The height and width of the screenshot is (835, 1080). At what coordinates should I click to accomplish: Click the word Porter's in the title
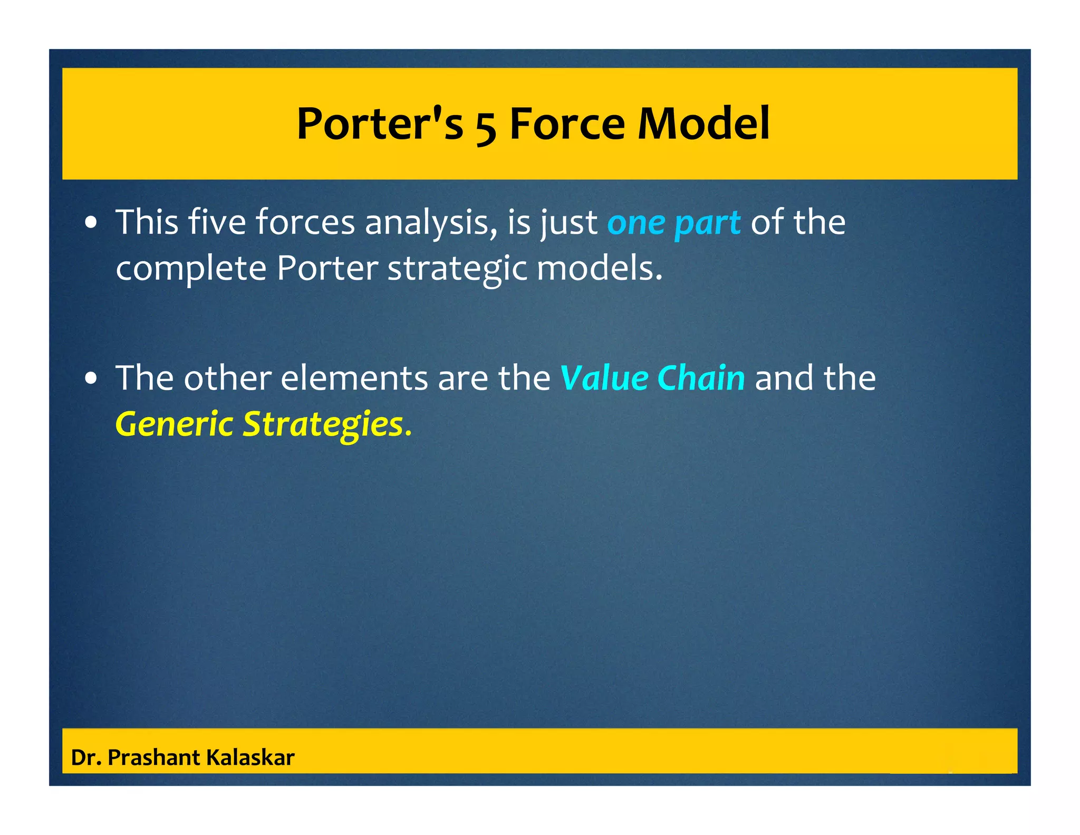pos(380,124)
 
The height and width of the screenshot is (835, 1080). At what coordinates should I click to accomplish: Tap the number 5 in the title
pos(486,127)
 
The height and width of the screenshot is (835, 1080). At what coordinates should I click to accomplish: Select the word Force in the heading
pos(567,124)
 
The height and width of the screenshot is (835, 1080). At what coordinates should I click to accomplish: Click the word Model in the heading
pos(703,124)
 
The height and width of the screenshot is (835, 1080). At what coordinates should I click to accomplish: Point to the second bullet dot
pos(92,379)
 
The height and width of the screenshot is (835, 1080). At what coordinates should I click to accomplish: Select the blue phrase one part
pos(673,223)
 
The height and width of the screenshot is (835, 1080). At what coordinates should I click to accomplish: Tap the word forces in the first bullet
pos(305,222)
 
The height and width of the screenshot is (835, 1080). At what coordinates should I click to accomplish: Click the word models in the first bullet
pos(598,268)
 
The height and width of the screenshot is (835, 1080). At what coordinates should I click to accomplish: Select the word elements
pos(354,378)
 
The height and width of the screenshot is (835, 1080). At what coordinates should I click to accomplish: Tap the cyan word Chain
pos(701,378)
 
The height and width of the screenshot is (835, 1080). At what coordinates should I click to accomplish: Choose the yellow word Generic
pos(174,425)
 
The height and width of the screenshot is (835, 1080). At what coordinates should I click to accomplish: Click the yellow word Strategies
pos(322,425)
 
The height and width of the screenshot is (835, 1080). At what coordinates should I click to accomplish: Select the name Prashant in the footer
pos(154,757)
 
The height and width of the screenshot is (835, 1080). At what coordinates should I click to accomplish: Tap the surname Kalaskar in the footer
pos(250,757)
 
